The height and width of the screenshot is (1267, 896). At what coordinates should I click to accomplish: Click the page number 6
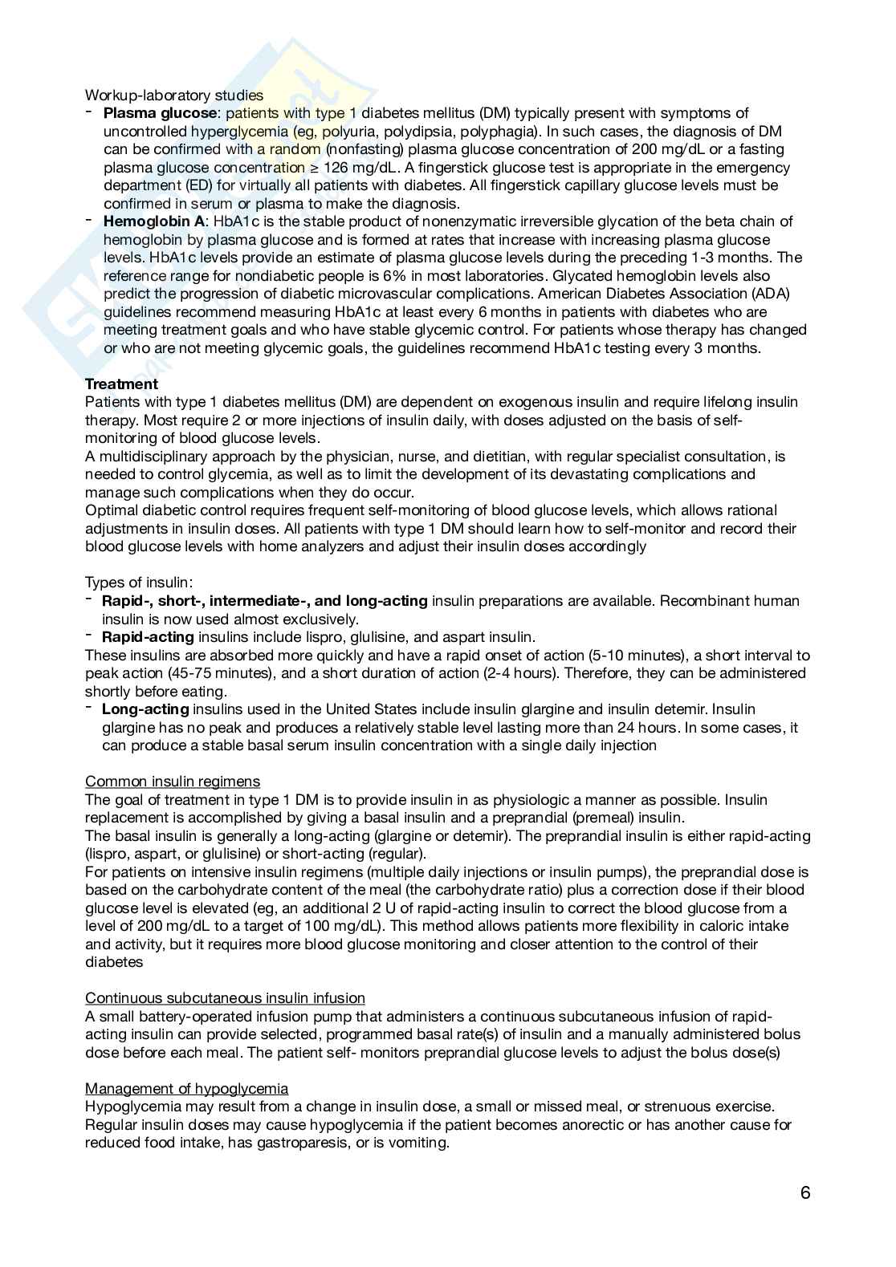805,1192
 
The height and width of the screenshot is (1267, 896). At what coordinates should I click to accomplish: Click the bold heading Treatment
121,384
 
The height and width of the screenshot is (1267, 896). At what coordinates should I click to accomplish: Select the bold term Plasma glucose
160,113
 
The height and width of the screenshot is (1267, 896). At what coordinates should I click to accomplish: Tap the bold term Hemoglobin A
154,221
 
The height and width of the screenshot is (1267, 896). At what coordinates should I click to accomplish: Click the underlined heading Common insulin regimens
173,782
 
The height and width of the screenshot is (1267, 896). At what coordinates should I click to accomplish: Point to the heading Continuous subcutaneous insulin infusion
225,998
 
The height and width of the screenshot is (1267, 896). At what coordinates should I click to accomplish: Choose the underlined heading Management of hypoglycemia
186,1089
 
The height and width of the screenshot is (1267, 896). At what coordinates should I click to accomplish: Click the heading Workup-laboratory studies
174,95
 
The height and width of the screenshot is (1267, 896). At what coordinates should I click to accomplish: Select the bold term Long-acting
145,709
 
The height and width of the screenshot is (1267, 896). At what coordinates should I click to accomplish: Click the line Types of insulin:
139,583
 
